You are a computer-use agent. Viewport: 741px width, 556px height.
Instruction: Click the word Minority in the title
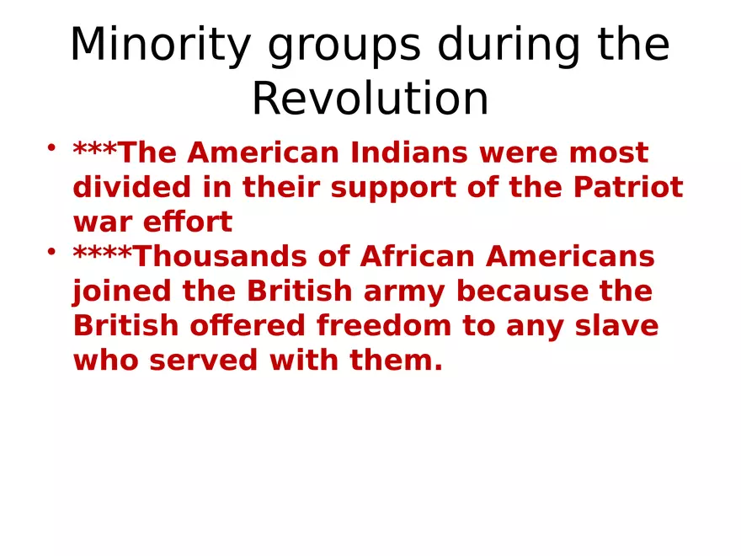coord(161,45)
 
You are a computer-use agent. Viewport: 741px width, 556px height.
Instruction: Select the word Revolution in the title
coord(370,99)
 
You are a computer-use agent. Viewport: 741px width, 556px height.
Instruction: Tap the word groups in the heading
coord(344,45)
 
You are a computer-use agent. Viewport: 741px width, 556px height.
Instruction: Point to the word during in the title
coord(509,45)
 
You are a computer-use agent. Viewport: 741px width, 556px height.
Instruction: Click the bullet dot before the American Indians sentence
coord(51,147)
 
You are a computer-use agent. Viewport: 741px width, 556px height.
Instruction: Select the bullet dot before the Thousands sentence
coord(51,252)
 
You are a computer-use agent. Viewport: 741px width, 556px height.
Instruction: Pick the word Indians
coord(408,152)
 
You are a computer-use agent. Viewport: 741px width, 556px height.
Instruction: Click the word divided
coord(132,187)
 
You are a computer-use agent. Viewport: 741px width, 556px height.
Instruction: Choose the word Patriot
coord(628,187)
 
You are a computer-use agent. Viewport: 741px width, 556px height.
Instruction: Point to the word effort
coord(188,222)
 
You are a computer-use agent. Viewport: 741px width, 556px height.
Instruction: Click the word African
coord(418,257)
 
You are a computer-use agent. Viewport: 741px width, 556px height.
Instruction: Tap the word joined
coord(121,291)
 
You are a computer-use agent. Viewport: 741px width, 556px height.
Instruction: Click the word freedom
coord(384,326)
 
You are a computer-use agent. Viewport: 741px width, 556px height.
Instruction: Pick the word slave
coord(616,326)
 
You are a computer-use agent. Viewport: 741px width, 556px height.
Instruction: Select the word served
coord(204,361)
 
